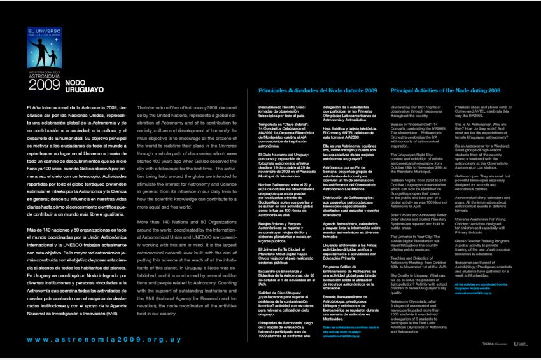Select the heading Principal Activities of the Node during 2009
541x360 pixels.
click(x=445, y=91)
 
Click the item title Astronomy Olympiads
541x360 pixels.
click(x=413, y=300)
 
